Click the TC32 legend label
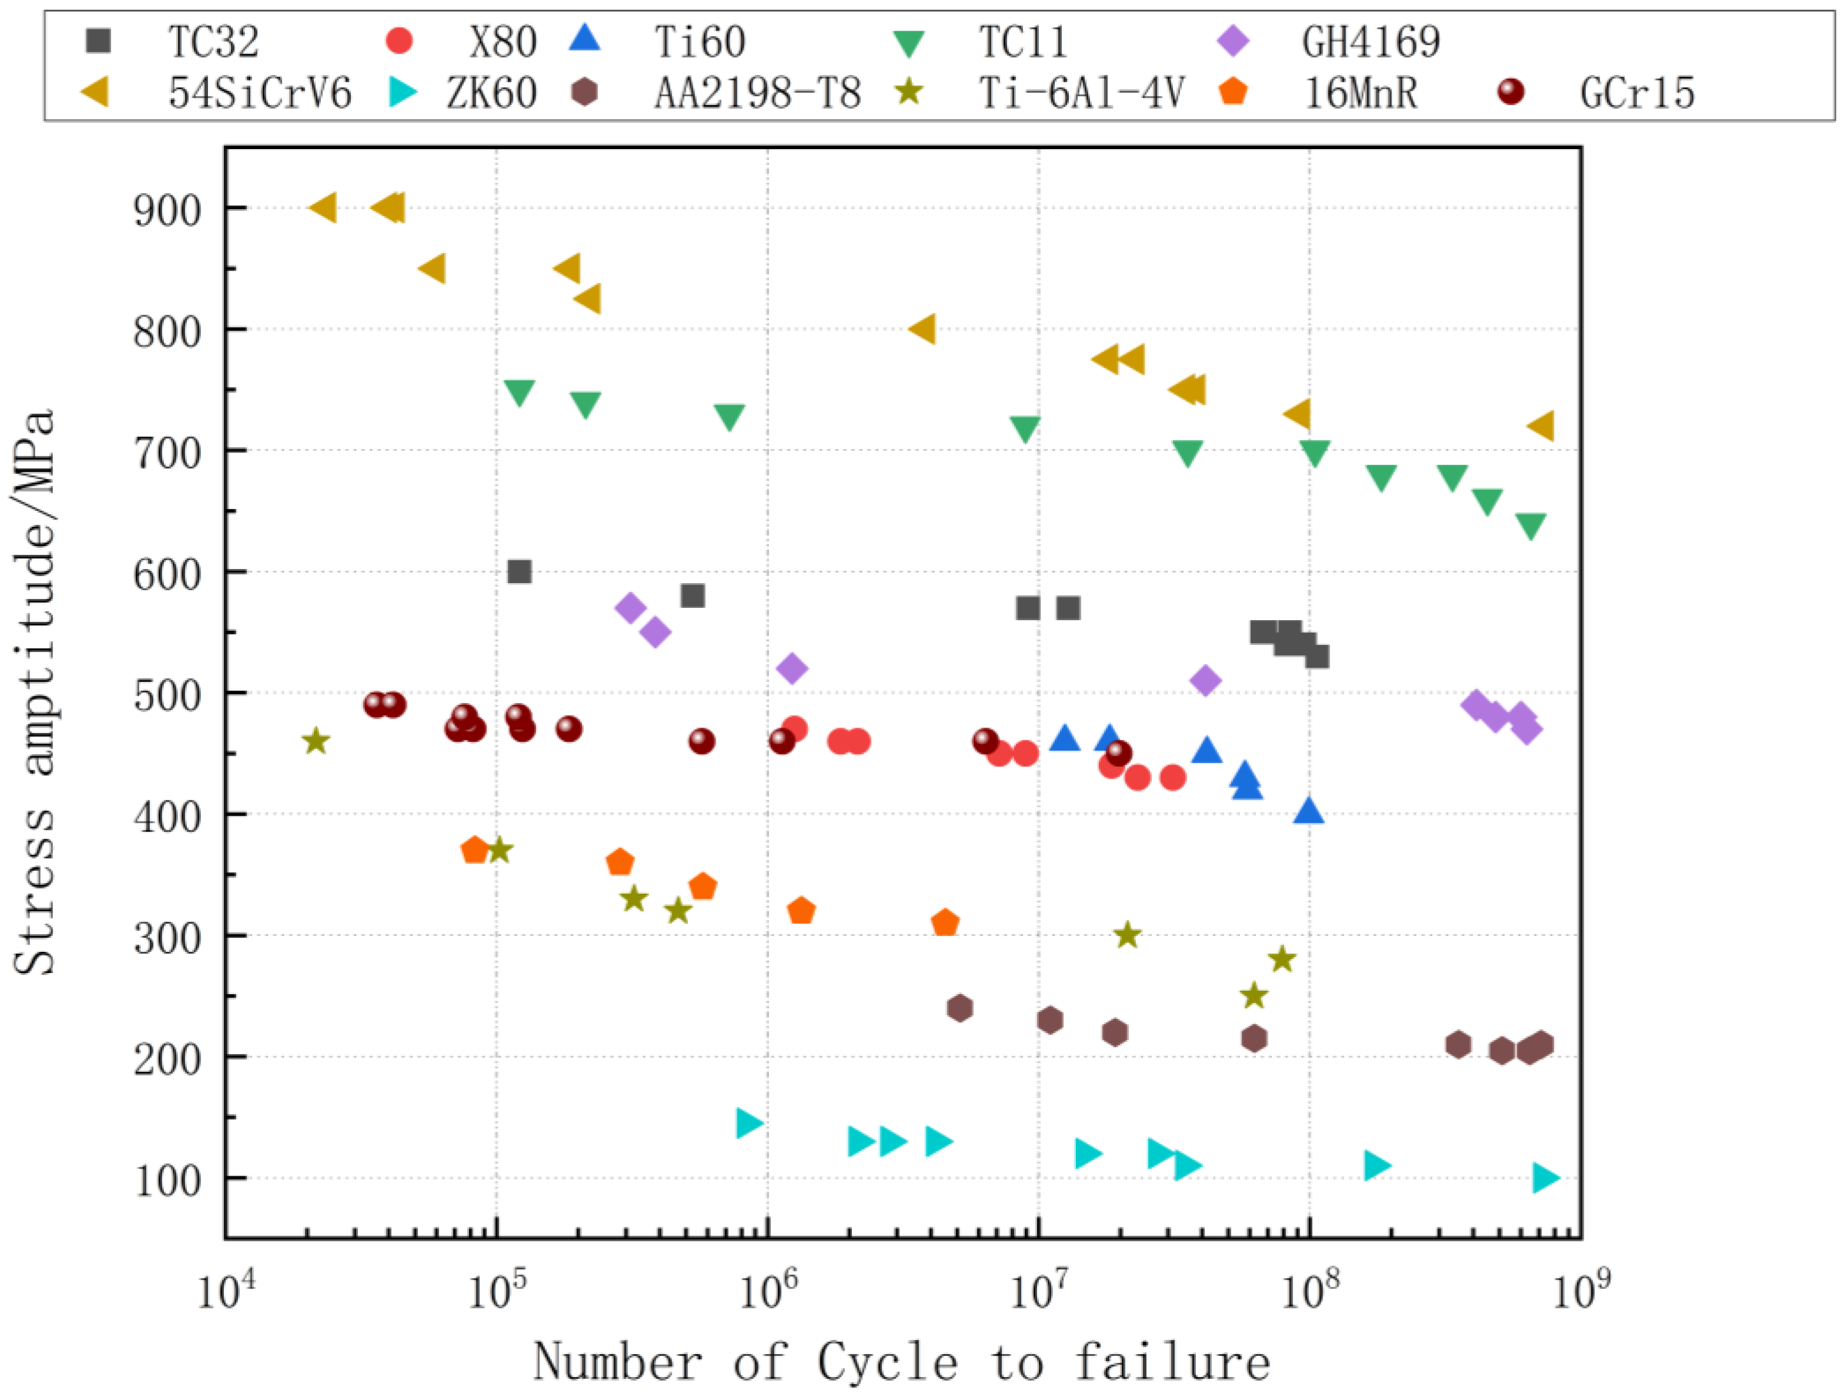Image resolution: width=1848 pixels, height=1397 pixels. [x=214, y=42]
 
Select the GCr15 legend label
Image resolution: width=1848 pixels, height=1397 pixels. [x=1636, y=93]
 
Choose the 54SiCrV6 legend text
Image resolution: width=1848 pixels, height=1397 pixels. [x=260, y=93]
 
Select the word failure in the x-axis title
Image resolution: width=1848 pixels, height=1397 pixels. [x=1172, y=1362]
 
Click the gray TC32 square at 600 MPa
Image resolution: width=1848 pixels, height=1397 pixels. [x=519, y=572]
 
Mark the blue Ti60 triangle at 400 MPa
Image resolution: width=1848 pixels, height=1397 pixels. [x=1309, y=810]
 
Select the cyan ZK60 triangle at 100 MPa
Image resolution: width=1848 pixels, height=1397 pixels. [x=1545, y=1177]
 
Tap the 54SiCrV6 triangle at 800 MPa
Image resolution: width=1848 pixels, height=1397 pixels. [x=923, y=329]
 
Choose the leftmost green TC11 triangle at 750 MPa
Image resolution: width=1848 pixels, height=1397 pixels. [x=519, y=392]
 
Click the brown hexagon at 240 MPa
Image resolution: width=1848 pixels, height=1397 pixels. [x=961, y=1008]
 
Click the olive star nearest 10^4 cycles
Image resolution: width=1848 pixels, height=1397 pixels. [x=316, y=740]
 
